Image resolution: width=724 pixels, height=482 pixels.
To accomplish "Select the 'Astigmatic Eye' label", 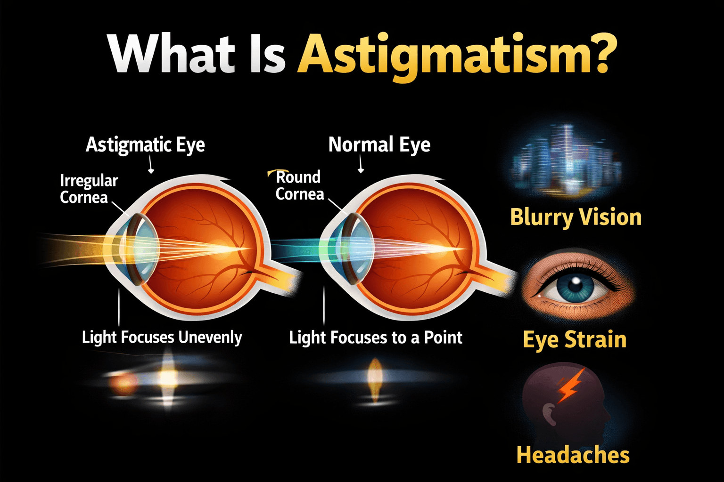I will pos(145,145).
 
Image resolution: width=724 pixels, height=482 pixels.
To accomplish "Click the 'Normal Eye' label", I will pos(379,145).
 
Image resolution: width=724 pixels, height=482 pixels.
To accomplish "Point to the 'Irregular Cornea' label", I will pos(88,189).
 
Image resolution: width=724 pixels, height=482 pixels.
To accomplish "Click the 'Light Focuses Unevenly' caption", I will pos(162,337).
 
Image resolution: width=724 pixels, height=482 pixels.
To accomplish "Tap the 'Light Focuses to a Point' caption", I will pos(376,337).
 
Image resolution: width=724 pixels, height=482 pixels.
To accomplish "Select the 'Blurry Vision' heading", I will pos(576,217).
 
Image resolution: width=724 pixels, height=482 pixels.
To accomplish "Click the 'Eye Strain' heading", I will pos(575,339).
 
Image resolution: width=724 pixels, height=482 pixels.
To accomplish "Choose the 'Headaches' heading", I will pos(573,455).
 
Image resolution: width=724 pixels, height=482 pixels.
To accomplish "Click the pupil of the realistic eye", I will pos(575,284).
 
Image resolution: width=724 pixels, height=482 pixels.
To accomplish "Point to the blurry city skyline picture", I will pos(566,160).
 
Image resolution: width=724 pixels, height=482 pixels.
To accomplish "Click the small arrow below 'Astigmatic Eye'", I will pos(151,166).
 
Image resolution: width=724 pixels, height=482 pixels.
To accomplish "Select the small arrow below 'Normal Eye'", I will pos(361,165).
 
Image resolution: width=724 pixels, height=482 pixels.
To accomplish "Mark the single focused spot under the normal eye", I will pos(375,377).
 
